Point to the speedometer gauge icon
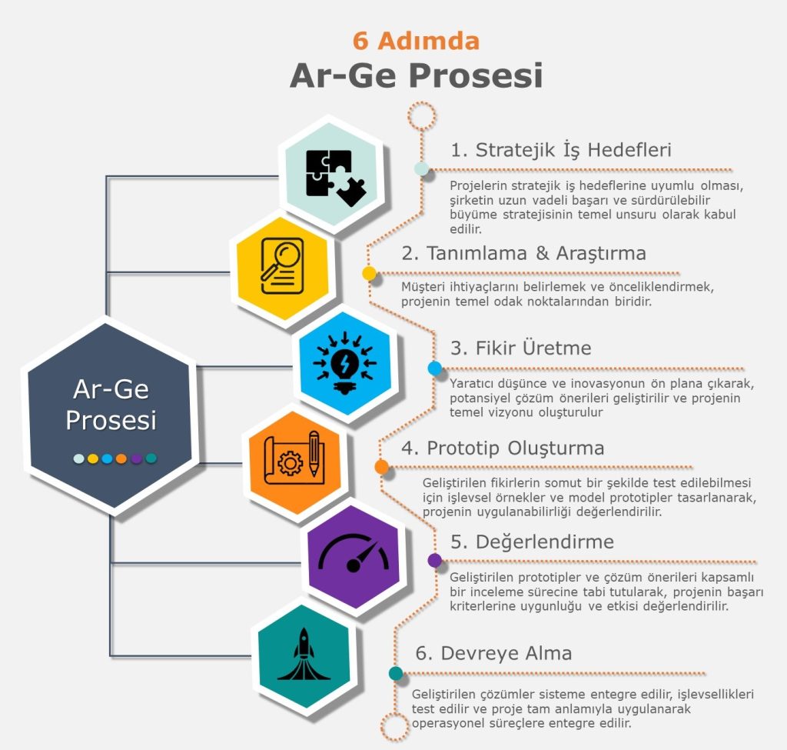click(353, 554)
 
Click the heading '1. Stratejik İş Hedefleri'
click(561, 149)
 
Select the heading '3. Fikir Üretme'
click(521, 348)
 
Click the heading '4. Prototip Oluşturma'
click(504, 448)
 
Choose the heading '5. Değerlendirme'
click(533, 542)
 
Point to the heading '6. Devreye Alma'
click(494, 653)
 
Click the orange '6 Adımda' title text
click(416, 40)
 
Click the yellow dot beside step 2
click(369, 273)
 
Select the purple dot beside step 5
click(435, 560)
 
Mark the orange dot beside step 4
click(381, 467)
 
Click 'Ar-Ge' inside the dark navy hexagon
click(110, 390)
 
